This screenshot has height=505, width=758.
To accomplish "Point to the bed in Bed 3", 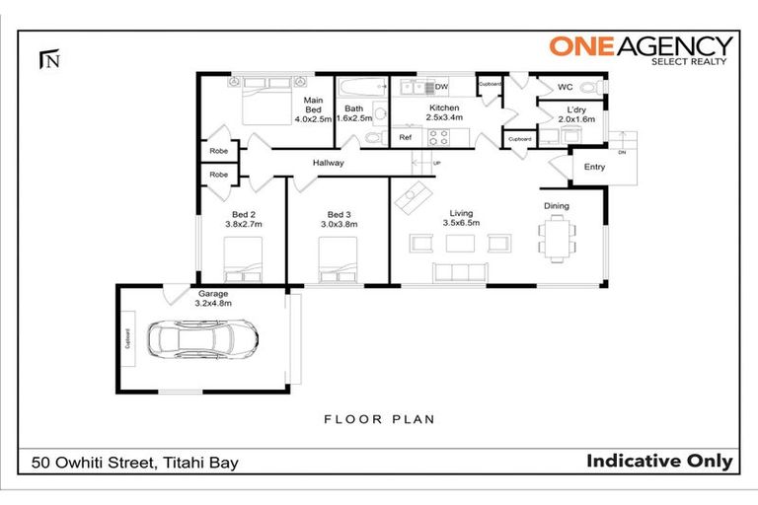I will point(337,263).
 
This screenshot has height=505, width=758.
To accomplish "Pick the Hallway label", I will point(328,163).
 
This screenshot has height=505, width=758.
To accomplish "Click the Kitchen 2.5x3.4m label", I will point(443,112).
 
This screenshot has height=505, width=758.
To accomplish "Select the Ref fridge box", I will point(405,138).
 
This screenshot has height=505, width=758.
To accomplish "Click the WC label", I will point(565,86).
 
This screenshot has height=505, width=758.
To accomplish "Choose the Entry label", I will point(594,167).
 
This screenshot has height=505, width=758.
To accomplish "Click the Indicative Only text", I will point(659,461).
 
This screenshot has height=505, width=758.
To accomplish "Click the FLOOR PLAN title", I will point(379,419).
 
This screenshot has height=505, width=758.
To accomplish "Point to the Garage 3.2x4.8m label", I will point(213,299).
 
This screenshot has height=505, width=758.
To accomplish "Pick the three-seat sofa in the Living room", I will point(460,272).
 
